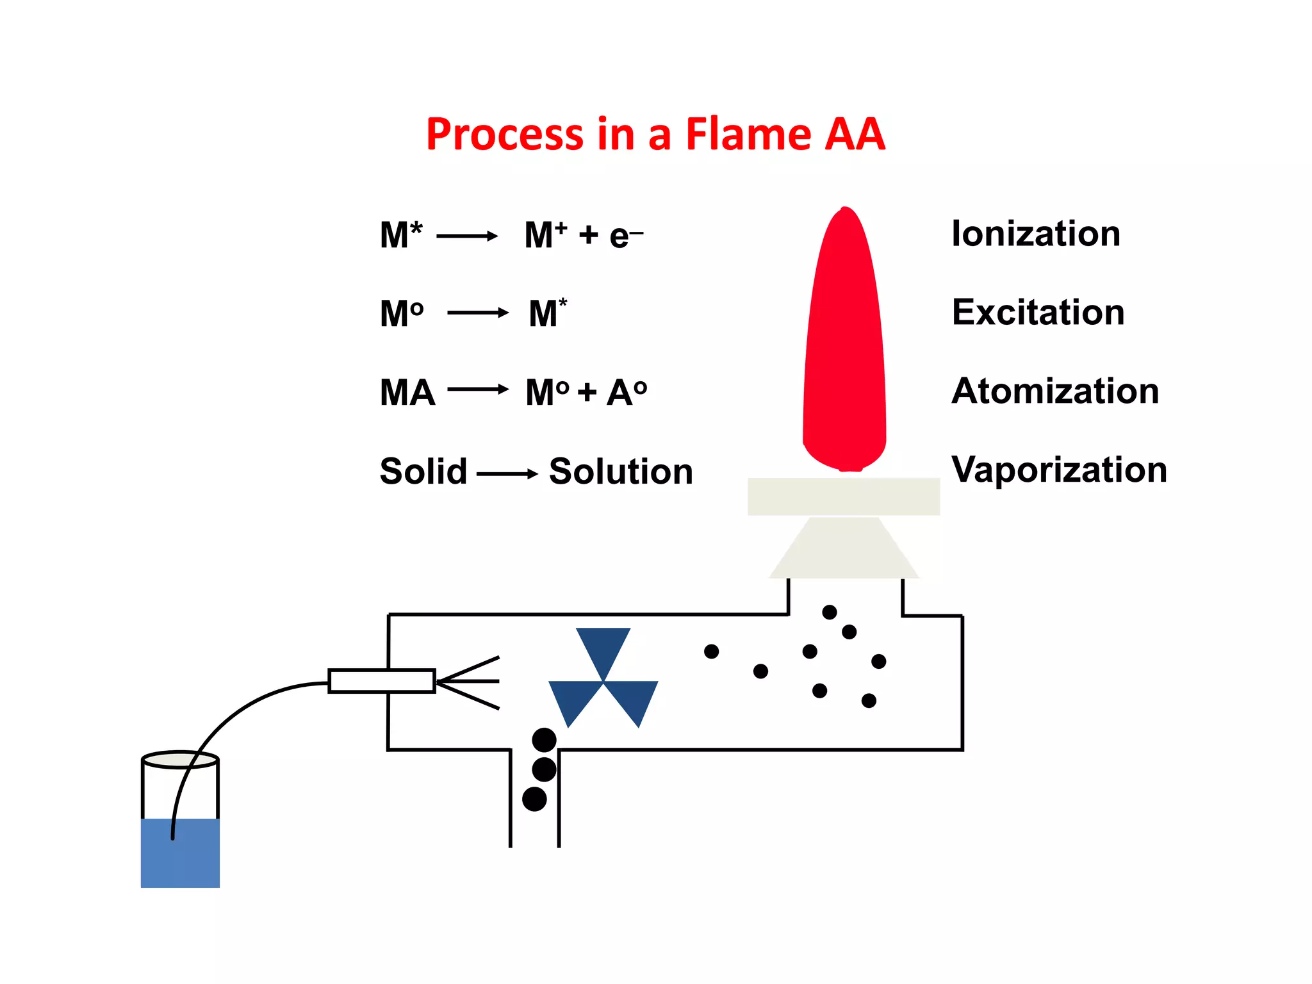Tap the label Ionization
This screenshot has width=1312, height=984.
pos(1036,234)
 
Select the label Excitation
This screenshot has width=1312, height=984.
pos(1038,313)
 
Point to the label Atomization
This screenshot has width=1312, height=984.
pos(1055,391)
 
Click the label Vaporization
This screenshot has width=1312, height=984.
pos(1059,470)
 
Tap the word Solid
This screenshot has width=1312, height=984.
pos(423,471)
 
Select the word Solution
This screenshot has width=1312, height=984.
pos(621,472)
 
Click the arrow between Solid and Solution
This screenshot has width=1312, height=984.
pos(507,474)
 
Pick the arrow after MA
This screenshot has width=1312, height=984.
pos(478,389)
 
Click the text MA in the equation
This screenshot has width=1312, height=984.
pos(407,393)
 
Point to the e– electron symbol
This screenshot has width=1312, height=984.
pos(625,236)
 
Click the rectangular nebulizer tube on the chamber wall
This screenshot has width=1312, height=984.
pos(382,681)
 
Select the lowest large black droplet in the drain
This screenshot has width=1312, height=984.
pos(534,799)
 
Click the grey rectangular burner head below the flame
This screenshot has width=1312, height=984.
pos(844,496)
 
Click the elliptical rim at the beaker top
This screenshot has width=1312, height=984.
pos(180,760)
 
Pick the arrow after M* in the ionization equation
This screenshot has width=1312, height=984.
pos(467,236)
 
